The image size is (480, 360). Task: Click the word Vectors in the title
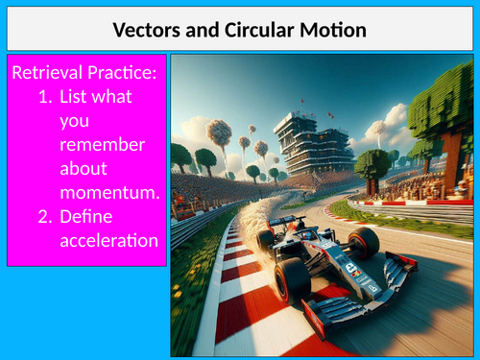click(x=147, y=30)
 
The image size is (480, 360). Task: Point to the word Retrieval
click(x=46, y=73)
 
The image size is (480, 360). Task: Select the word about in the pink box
click(x=84, y=170)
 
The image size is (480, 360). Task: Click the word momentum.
click(x=109, y=193)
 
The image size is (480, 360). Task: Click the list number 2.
click(x=44, y=217)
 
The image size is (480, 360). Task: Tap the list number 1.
click(x=44, y=97)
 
